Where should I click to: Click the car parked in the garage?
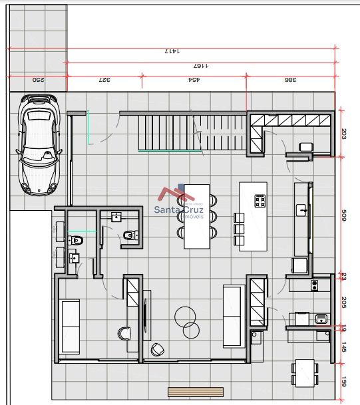39,146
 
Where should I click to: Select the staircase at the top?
192,131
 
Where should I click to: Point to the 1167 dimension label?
200,66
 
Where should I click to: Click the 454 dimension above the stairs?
193,80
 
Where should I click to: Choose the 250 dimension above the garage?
38,80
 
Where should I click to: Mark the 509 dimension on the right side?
343,216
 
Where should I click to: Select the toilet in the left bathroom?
77,239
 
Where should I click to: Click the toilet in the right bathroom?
129,235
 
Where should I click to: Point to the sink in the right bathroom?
116,216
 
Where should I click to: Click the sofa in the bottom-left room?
70,326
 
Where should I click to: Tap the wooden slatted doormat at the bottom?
195,392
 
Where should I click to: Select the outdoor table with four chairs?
305,372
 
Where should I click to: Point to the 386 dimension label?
290,80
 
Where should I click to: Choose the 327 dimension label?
104,80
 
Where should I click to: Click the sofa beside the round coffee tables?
232,315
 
